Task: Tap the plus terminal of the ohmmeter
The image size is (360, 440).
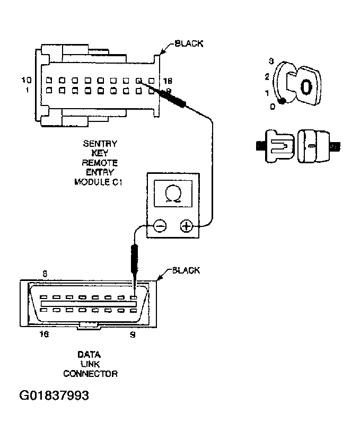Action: (x=186, y=226)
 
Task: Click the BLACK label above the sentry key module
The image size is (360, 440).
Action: (x=189, y=43)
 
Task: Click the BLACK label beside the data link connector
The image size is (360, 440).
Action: (x=186, y=271)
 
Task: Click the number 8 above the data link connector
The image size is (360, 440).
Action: (x=45, y=275)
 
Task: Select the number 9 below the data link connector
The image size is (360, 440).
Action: (x=133, y=335)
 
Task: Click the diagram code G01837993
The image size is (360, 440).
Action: (x=54, y=395)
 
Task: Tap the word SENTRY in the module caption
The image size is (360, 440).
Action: (x=100, y=144)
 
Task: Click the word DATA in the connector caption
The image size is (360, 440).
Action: (x=89, y=354)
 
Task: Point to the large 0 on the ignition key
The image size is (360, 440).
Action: (x=305, y=87)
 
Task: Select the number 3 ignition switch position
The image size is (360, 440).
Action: (x=270, y=60)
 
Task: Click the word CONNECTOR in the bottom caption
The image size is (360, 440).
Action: (x=90, y=373)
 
